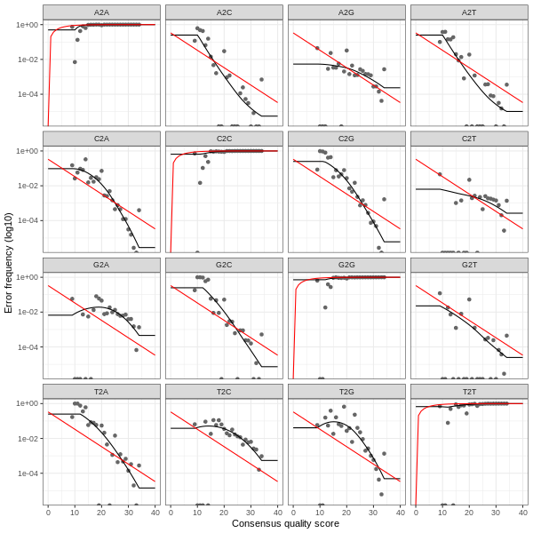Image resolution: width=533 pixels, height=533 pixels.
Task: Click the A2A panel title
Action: pos(101,12)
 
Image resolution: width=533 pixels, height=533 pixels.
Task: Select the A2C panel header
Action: pos(224,12)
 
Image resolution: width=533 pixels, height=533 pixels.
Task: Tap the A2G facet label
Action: pos(346,12)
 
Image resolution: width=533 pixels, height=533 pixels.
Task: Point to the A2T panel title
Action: pos(469,12)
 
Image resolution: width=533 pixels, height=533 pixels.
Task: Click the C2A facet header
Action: pos(101,139)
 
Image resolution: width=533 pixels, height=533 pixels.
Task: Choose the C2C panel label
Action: pos(224,139)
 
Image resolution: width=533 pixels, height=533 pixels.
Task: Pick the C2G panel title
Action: pos(346,139)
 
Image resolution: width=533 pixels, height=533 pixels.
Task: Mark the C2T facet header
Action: pos(469,139)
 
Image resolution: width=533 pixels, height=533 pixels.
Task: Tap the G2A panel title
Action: pos(101,265)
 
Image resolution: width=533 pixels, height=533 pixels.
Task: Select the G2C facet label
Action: pos(224,265)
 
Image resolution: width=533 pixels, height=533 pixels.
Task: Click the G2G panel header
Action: pos(346,265)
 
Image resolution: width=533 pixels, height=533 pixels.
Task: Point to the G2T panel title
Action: pos(469,265)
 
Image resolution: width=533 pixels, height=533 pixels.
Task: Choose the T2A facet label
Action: pos(101,391)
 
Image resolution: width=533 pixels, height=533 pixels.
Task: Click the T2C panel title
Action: pos(224,391)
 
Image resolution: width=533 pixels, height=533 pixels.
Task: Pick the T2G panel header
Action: pos(346,391)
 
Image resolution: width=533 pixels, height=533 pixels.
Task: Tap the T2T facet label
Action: pos(469,391)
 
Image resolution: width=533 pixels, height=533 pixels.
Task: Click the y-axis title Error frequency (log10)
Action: pos(8,263)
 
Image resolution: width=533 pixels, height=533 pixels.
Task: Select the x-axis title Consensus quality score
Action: pos(285,524)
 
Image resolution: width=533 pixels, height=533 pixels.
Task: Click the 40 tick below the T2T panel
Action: pos(522,512)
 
